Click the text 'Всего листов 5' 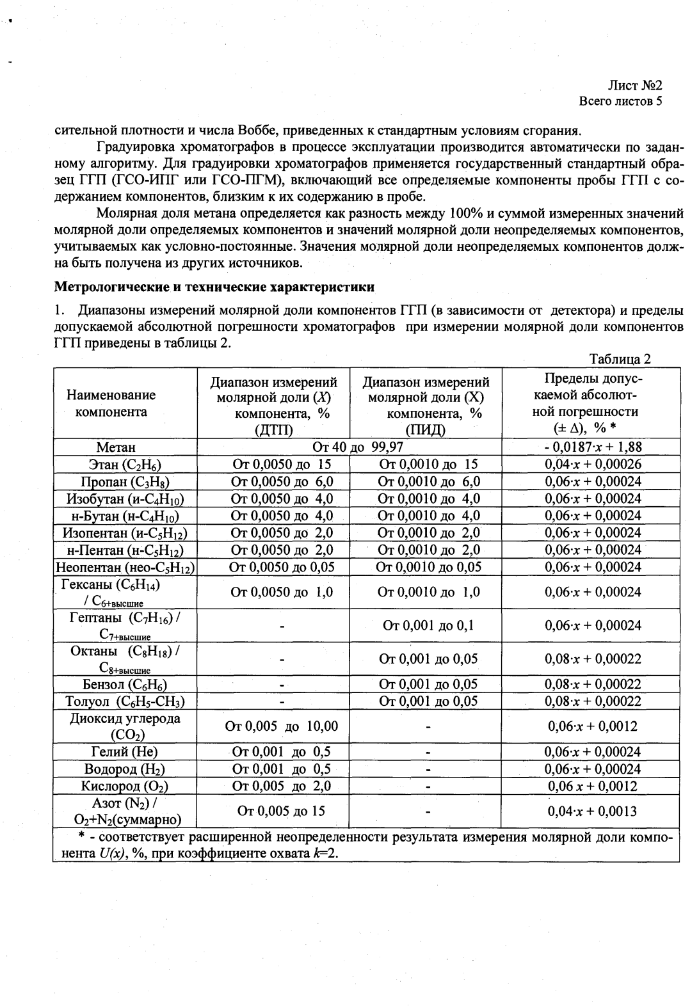620,101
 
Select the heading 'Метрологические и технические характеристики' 214,286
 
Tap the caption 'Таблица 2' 620,358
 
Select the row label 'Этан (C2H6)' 125,465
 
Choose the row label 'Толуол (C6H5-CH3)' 125,701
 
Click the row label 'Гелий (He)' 124,752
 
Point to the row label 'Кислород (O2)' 125,786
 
